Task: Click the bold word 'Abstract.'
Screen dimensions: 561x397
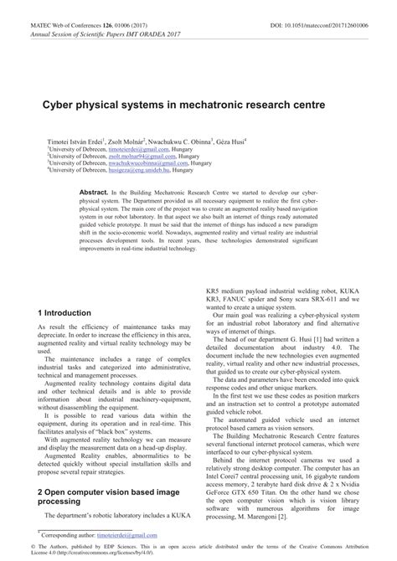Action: (x=90, y=192)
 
